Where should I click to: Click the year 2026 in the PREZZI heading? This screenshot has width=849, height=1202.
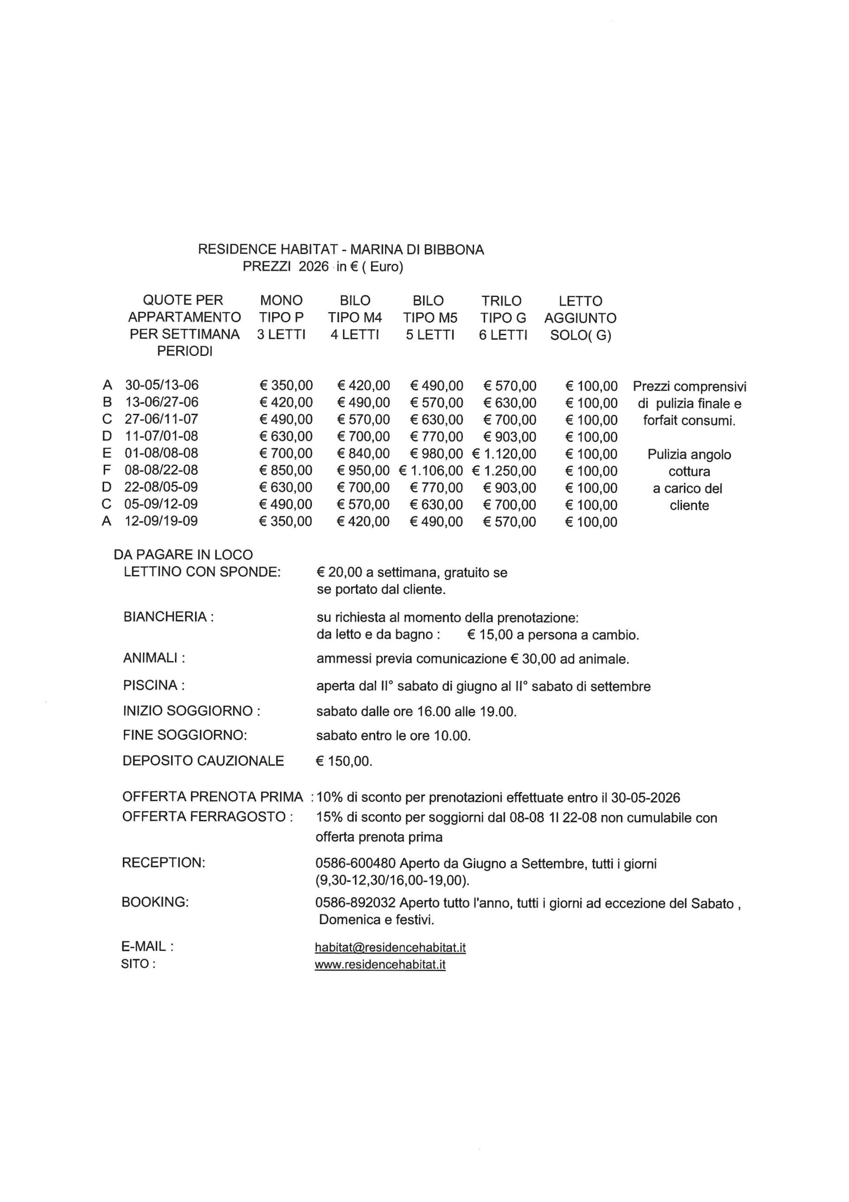pos(313,267)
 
